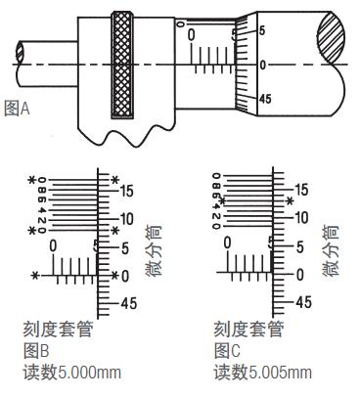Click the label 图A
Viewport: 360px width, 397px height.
pos(17,109)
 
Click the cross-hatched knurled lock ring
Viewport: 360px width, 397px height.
pos(122,65)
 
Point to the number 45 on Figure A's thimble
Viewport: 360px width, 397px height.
pos(265,99)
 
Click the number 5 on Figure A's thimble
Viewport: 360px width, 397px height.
pos(262,31)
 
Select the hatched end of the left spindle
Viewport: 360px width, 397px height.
pos(20,51)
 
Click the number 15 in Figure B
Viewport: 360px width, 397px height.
pos(127,191)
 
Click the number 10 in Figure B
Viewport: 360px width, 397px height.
pos(127,219)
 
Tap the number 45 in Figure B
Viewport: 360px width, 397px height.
pos(129,303)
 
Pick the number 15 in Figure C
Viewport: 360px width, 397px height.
pos(301,190)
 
